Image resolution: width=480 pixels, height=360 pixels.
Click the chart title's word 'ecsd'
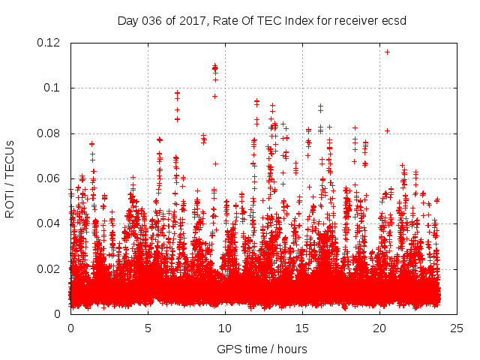[x=392, y=21]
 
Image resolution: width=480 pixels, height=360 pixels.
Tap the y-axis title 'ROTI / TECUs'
[x=10, y=178]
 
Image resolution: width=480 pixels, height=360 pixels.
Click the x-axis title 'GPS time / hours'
[x=262, y=349]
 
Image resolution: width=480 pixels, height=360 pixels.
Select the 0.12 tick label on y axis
[x=50, y=43]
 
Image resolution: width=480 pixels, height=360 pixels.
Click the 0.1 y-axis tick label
[x=53, y=88]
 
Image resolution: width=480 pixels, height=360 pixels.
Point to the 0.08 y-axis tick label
[x=50, y=133]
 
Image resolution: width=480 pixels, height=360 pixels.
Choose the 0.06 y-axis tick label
[x=50, y=178]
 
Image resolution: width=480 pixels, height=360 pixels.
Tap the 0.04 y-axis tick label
[x=50, y=223]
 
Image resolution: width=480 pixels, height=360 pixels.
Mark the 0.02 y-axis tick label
[x=50, y=268]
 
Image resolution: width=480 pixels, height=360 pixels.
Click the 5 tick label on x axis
[x=148, y=328]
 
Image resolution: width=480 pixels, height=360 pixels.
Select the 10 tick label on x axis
[x=225, y=328]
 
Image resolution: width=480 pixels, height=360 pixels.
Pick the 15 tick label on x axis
[x=302, y=328]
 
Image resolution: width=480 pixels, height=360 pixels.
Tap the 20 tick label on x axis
[x=379, y=328]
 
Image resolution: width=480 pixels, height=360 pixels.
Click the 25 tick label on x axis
[x=457, y=328]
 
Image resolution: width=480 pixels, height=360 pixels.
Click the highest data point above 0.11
[x=387, y=52]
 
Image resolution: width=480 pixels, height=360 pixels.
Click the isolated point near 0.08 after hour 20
[x=387, y=130]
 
